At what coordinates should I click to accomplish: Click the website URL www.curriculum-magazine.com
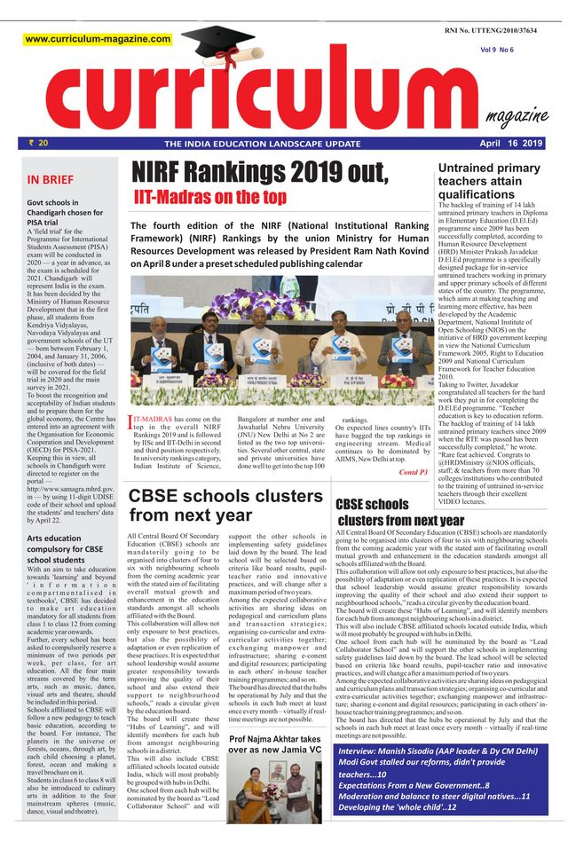point(98,39)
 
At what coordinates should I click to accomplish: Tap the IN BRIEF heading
point(51,180)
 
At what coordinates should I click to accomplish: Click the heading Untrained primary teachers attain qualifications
point(488,181)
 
